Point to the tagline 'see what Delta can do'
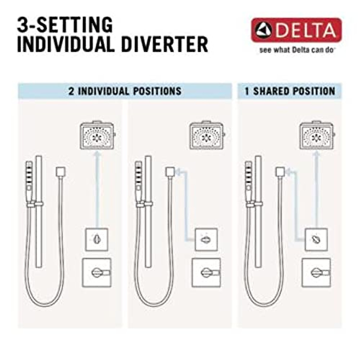tap(297, 50)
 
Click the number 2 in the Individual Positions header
tap(71, 91)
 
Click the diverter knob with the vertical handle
tap(97, 239)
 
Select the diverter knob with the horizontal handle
tap(206, 239)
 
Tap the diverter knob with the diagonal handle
tap(316, 239)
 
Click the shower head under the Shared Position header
tap(316, 136)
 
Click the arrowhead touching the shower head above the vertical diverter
tap(97, 154)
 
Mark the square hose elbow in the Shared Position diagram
tap(280, 172)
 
